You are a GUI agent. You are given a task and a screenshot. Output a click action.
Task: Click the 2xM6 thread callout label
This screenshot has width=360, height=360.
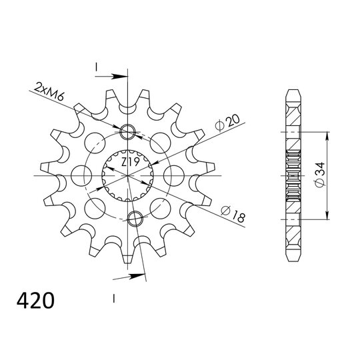pyautogui.click(x=49, y=92)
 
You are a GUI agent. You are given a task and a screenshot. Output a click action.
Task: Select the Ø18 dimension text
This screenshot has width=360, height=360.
pyautogui.click(x=233, y=214)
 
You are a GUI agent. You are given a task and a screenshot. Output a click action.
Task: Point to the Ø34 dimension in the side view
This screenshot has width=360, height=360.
pyautogui.click(x=320, y=175)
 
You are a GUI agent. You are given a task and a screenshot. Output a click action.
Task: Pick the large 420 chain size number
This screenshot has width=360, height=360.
pyautogui.click(x=35, y=300)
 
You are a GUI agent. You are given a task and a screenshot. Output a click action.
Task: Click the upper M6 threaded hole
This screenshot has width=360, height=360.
pyautogui.click(x=127, y=132)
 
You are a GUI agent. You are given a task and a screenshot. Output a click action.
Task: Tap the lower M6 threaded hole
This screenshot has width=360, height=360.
pyautogui.click(x=135, y=219)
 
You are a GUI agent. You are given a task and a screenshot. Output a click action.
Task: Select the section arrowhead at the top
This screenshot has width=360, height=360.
pyautogui.click(x=119, y=76)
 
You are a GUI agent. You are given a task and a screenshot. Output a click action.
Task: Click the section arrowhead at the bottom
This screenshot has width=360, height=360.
pyautogui.click(x=137, y=276)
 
